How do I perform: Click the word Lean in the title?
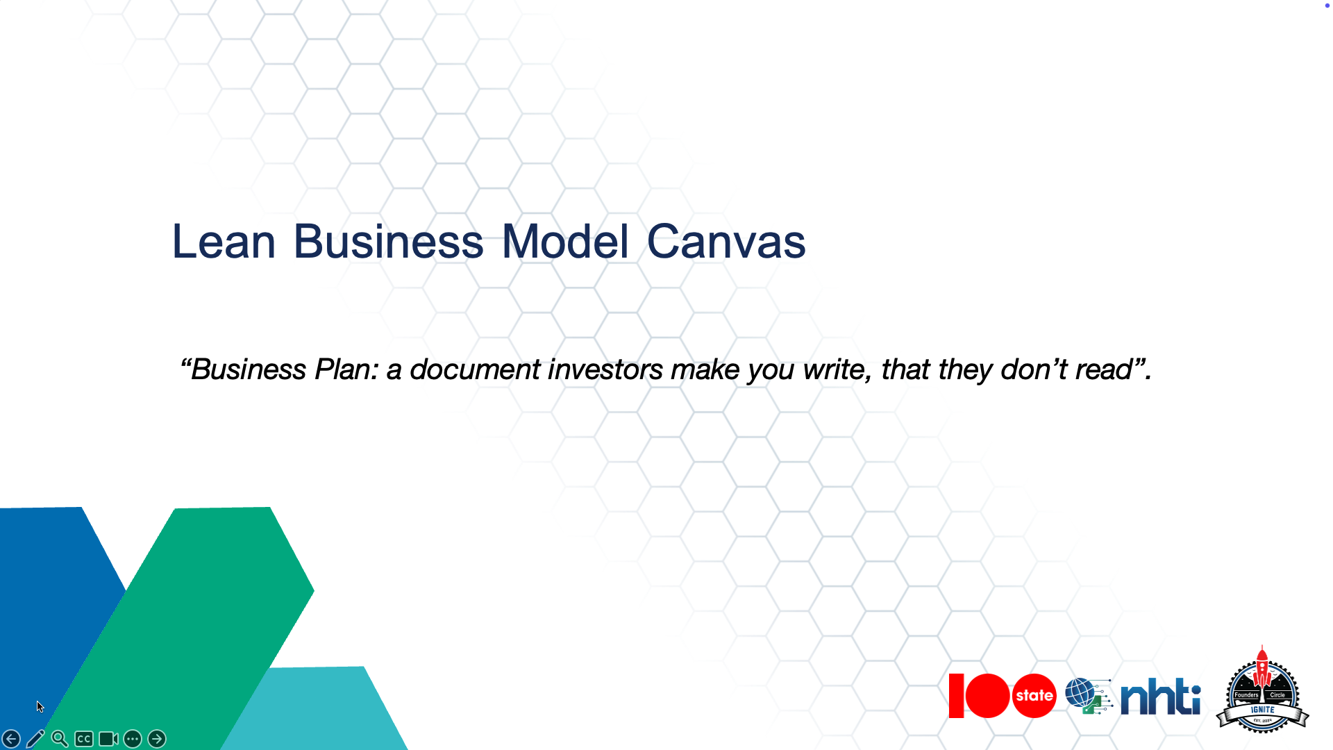click(x=224, y=242)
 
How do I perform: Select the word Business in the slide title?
click(x=388, y=242)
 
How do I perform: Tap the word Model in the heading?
click(x=565, y=242)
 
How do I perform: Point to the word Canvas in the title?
click(x=726, y=242)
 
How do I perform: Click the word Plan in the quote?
click(x=343, y=369)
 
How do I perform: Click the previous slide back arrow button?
click(x=11, y=739)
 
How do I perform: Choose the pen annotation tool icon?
click(x=35, y=739)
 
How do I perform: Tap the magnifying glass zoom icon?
click(x=60, y=739)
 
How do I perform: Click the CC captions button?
click(x=84, y=739)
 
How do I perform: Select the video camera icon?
click(x=108, y=739)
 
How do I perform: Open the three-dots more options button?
click(x=133, y=739)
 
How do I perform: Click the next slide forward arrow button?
click(x=157, y=739)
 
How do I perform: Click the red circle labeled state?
click(x=1034, y=696)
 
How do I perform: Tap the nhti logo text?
click(x=1160, y=697)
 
